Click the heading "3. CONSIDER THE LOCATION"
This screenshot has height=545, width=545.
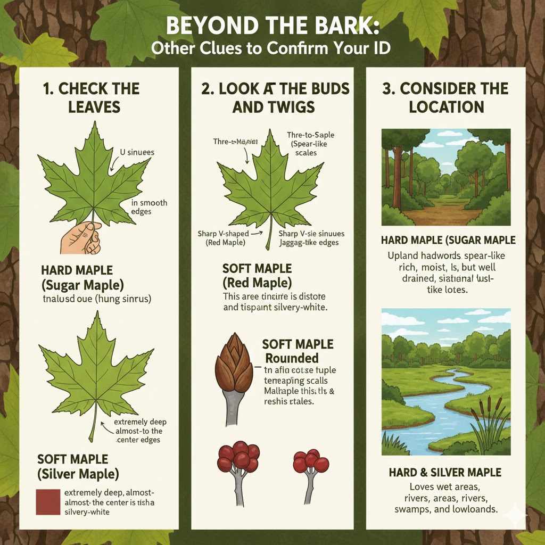click(x=446, y=97)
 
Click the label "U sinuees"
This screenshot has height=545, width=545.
click(x=137, y=152)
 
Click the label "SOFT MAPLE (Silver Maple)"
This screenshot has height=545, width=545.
click(x=78, y=466)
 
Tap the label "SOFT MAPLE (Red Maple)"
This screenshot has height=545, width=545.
click(x=257, y=276)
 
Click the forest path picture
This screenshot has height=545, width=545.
click(x=446, y=177)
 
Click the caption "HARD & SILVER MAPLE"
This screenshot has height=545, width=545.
click(x=445, y=472)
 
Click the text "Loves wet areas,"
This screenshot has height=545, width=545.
click(x=445, y=486)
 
